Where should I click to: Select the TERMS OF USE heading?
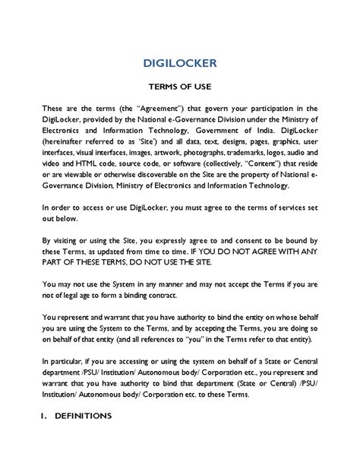point(179,88)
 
